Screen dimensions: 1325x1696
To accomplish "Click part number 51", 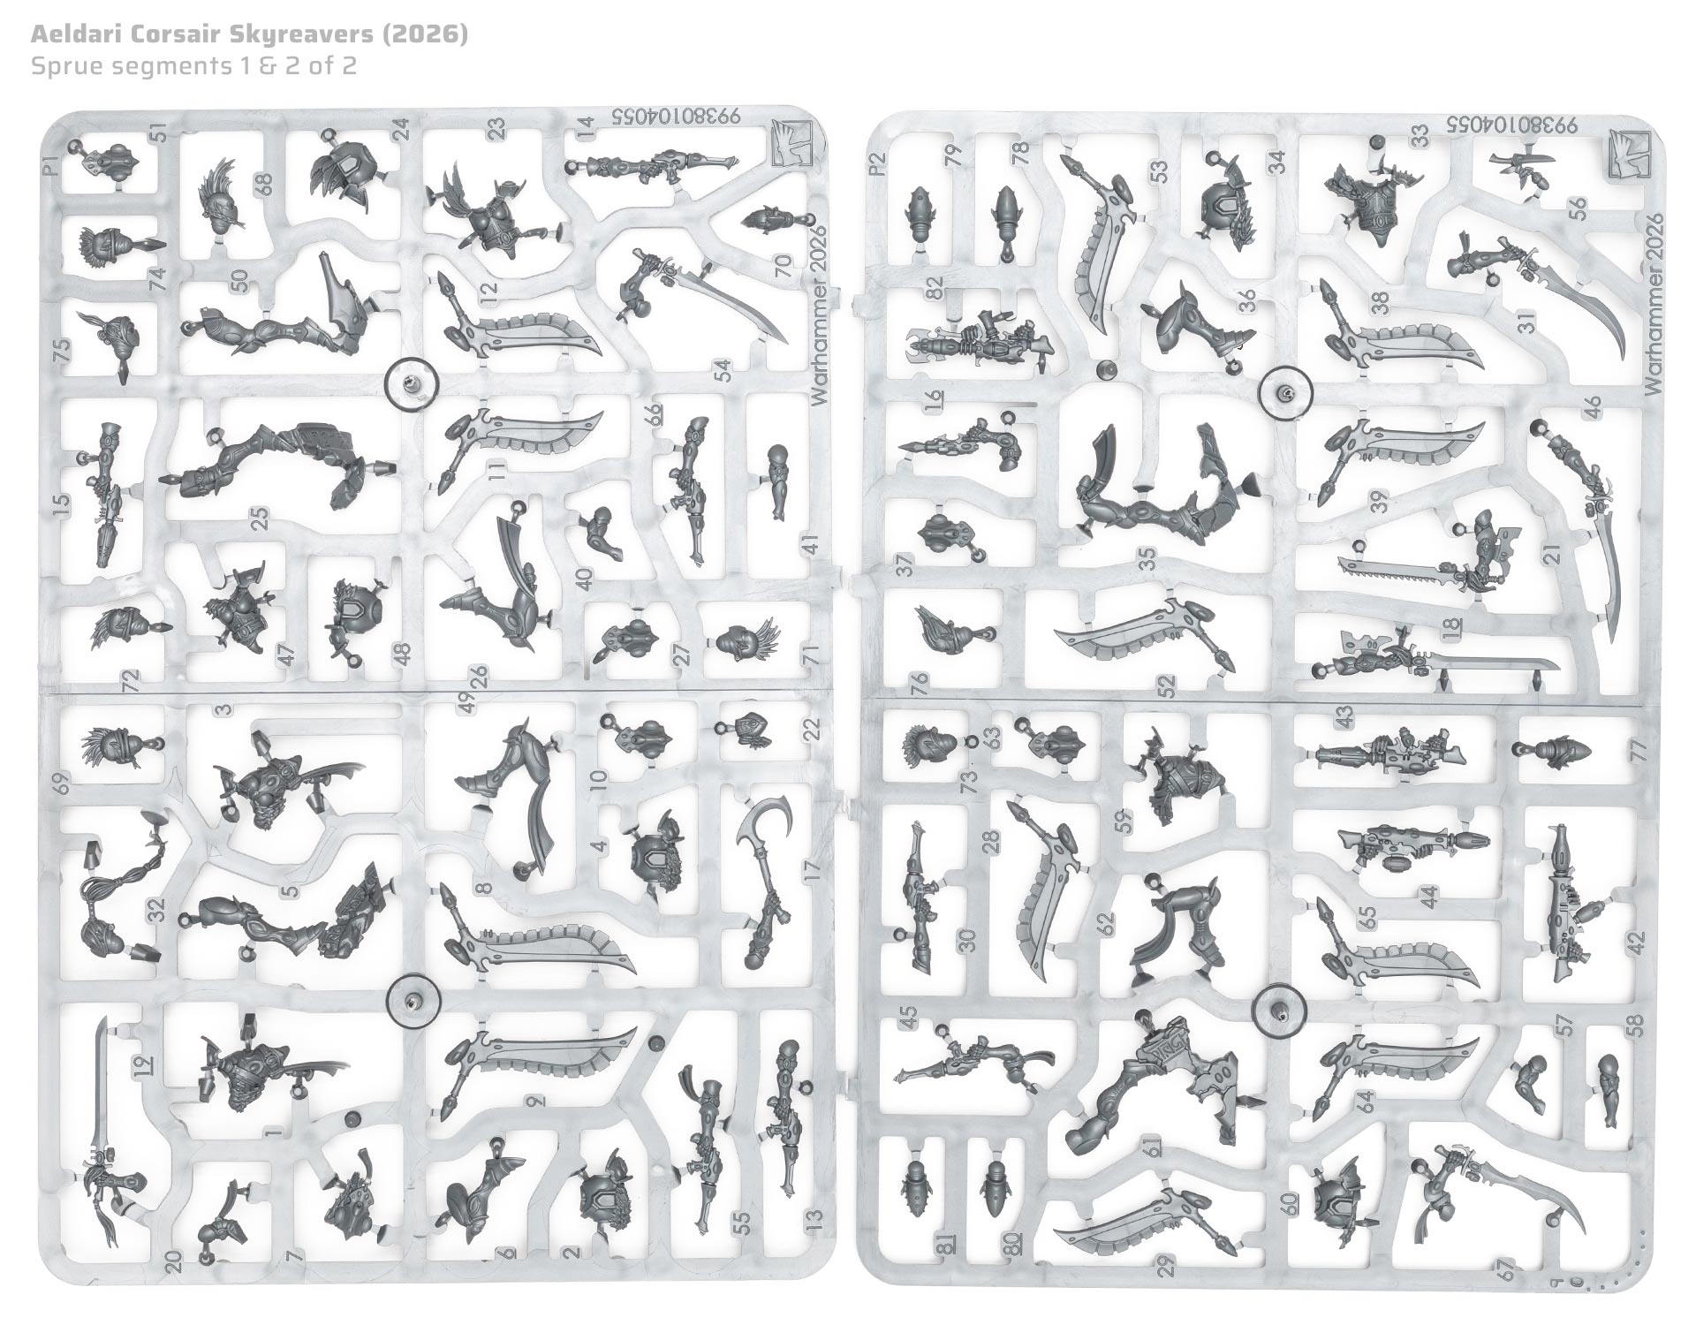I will [159, 132].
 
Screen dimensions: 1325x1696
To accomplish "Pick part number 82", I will [935, 288].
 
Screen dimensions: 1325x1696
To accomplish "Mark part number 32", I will [157, 910].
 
